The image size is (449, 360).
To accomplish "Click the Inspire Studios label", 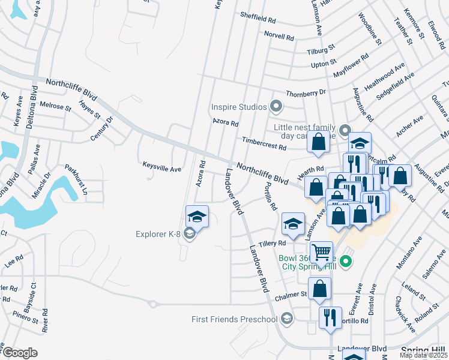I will point(238,107).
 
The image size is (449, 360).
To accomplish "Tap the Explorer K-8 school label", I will point(157,235).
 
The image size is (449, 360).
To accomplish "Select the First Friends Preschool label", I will point(234,319).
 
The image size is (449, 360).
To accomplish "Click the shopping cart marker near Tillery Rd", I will point(321,251).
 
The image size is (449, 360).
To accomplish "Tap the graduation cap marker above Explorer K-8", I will point(197,217).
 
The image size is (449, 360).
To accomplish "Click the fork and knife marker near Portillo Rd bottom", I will point(330,317).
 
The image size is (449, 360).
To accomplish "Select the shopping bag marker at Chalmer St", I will point(319,288).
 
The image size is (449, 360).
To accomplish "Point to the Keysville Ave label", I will point(161,169).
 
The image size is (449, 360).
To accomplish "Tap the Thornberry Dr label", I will point(306,93).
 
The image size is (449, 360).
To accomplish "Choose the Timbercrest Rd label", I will point(264,142).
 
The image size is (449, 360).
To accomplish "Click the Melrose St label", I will point(55,106).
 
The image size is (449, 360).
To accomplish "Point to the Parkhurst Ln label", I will point(76,181).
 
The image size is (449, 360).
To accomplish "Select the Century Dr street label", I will point(101,128).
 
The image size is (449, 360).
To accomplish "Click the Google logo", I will point(20,353).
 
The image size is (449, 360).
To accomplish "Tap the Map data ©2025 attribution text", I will point(424,355).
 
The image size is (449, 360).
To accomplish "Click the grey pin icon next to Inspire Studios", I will point(276,107).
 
